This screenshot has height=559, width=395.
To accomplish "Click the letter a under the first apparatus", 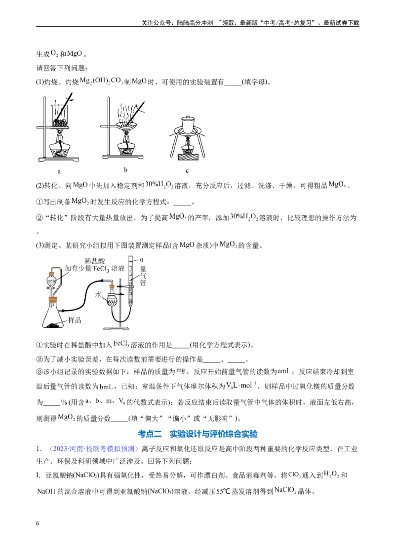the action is click(x=59, y=171).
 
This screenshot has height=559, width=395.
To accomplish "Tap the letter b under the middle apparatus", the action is click(x=125, y=170).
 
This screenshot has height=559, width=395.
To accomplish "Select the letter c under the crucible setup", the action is click(x=187, y=170).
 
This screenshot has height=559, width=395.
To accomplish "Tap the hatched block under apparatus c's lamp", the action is click(x=188, y=156).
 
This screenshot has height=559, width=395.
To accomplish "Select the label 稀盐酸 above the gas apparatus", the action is click(x=94, y=261).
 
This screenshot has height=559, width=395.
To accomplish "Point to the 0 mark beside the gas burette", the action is click(x=141, y=260).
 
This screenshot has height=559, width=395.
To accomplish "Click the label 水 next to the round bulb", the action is click(x=99, y=294).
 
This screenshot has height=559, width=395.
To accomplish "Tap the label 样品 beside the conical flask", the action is click(x=75, y=320).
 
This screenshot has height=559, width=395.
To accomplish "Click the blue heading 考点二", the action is click(x=150, y=434).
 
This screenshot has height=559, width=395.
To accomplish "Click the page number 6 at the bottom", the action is click(x=38, y=523).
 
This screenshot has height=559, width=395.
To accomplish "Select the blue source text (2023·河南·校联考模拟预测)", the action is click(x=93, y=448).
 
